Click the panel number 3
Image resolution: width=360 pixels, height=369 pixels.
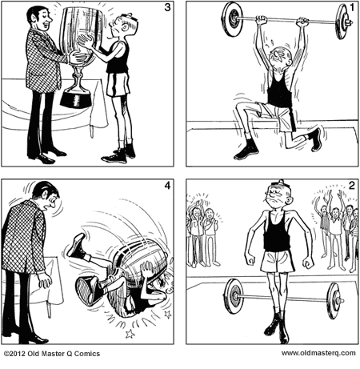(x=166, y=10)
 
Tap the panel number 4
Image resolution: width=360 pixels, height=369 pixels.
(x=166, y=187)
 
